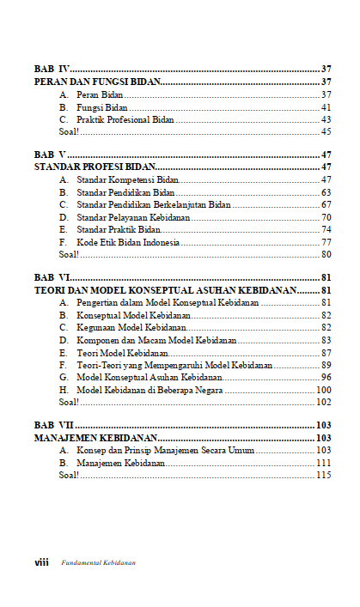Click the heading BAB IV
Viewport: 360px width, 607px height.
coord(52,68)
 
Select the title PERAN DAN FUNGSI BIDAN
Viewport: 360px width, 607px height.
coord(97,82)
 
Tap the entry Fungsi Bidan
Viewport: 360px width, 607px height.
coord(96,107)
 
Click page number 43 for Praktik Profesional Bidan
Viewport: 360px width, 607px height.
coord(326,119)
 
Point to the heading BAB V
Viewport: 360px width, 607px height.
coord(51,154)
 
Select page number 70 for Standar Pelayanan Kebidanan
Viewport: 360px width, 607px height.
coord(326,218)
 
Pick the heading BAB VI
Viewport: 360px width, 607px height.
coord(52,278)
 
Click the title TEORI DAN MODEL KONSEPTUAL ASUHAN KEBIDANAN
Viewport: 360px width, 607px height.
coord(163,291)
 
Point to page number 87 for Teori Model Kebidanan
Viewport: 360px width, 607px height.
coord(326,353)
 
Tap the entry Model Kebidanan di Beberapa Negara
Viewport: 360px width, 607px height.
coord(149,391)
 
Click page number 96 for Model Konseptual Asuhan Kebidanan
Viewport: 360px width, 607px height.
coord(326,378)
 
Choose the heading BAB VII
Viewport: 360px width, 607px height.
coord(53,425)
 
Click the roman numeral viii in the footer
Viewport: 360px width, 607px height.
coord(40,562)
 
